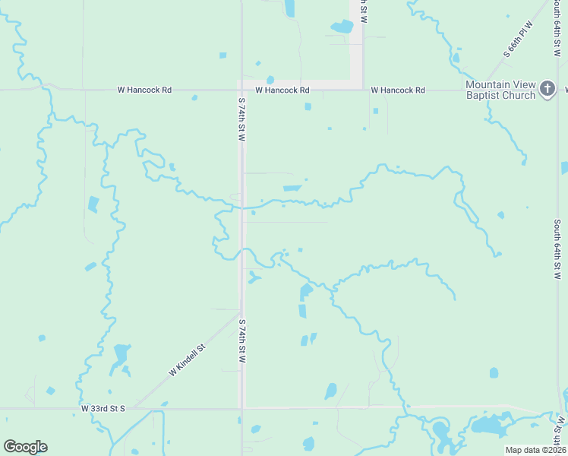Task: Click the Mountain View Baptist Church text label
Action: click(500, 90)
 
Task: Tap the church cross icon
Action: click(547, 90)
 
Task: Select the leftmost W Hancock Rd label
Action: click(144, 90)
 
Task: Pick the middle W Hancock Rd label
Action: click(282, 90)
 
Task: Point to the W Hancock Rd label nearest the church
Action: click(398, 90)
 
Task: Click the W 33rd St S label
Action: click(103, 408)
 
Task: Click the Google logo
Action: click(25, 447)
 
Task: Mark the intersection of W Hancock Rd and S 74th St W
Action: click(242, 89)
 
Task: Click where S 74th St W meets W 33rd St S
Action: click(242, 408)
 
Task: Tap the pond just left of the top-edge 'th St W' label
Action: click(342, 27)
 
